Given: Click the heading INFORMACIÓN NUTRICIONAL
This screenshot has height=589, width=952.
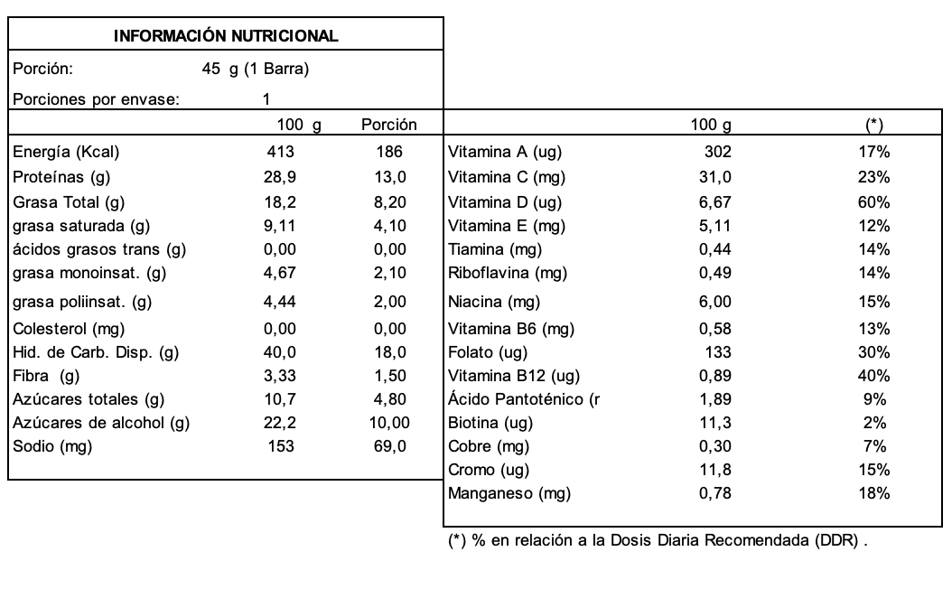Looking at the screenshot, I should [226, 37].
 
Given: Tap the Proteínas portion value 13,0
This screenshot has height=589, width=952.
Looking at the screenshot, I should [389, 177].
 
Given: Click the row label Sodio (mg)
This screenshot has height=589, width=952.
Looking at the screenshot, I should [52, 446].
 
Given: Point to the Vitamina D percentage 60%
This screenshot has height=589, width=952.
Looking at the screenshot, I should [873, 201].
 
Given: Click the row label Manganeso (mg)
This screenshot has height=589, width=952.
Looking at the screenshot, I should [509, 493].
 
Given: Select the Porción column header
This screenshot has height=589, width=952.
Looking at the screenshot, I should [388, 124].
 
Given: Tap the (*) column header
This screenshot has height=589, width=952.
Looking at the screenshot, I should [873, 124].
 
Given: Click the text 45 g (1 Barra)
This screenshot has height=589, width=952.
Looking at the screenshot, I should [256, 68].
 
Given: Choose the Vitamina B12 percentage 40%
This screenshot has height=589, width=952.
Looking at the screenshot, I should [873, 376].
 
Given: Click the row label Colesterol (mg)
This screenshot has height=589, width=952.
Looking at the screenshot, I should [68, 329].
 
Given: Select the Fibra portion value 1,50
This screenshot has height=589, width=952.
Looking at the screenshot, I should [389, 376].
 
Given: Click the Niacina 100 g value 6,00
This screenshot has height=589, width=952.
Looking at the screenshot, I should [715, 302].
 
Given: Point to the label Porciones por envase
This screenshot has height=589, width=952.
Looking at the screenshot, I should [95, 99].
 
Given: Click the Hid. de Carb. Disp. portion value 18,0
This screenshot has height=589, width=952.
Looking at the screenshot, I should [389, 352].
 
